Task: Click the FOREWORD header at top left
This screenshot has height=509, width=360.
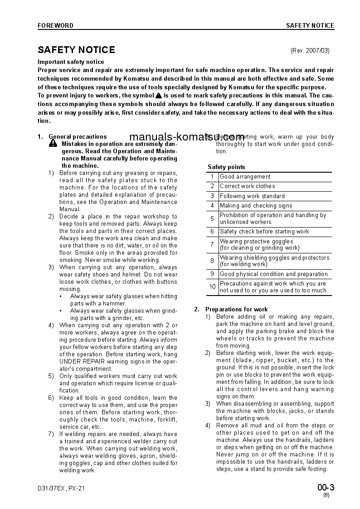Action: [55, 26]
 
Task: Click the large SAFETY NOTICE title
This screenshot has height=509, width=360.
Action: [76, 50]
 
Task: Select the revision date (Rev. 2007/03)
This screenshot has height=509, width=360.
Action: [310, 51]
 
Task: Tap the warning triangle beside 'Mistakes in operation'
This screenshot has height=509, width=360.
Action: [53, 144]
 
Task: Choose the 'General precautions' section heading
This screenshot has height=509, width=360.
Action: [78, 136]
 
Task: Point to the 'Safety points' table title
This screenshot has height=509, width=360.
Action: [226, 167]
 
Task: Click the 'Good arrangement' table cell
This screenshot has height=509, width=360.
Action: [245, 177]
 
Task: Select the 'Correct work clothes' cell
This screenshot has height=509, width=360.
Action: [247, 186]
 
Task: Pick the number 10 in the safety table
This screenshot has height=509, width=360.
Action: [212, 287]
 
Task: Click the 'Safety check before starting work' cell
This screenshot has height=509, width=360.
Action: [264, 232]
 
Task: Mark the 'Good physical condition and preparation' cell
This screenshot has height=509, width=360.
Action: [273, 274]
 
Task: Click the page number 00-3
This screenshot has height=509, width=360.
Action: [326, 488]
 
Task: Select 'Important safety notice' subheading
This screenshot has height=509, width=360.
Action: [71, 62]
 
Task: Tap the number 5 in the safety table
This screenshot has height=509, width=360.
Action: [212, 218]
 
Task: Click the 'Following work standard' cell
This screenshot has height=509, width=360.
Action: [252, 196]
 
